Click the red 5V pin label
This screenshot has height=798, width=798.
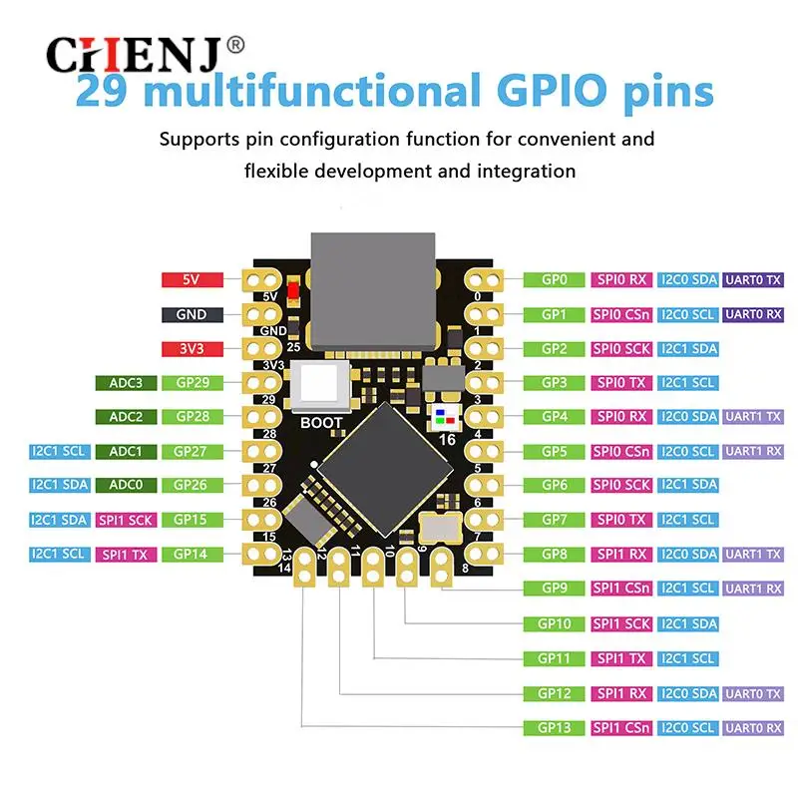(192, 280)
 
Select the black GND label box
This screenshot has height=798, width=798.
(192, 314)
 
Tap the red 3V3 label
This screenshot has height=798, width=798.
(192, 349)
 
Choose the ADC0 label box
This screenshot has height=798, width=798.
(126, 485)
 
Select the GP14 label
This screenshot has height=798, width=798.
(192, 554)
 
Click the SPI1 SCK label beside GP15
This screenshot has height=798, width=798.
(126, 520)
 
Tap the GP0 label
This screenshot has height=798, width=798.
(554, 280)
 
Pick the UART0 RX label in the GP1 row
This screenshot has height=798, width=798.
(753, 314)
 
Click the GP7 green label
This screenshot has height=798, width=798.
(554, 520)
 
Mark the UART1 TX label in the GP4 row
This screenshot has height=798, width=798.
(753, 417)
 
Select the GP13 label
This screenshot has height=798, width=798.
(554, 727)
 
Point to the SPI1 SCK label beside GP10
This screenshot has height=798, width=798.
(621, 624)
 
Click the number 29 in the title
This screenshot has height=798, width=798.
(105, 92)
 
